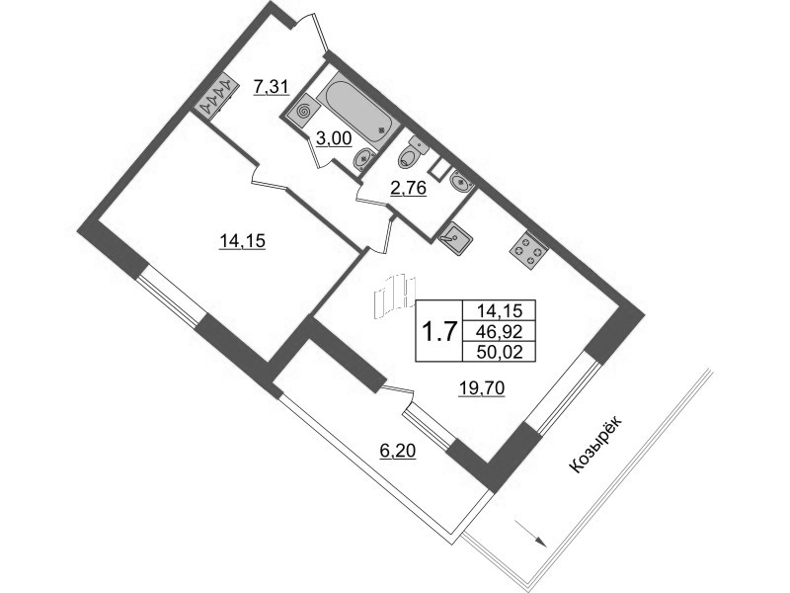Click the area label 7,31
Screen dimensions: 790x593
click(271, 87)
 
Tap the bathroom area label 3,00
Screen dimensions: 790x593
click(334, 137)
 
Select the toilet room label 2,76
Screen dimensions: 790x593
click(408, 188)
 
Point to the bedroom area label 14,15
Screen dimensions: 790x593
click(242, 241)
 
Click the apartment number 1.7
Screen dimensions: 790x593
click(438, 332)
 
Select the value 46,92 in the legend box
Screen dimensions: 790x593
click(499, 331)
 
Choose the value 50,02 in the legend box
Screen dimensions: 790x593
click(499, 351)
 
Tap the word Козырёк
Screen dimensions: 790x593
click(596, 444)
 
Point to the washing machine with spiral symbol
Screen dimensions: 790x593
click(303, 112)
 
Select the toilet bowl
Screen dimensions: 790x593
click(412, 153)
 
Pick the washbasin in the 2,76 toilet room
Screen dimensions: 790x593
click(459, 181)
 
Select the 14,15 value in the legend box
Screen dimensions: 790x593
click(499, 310)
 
